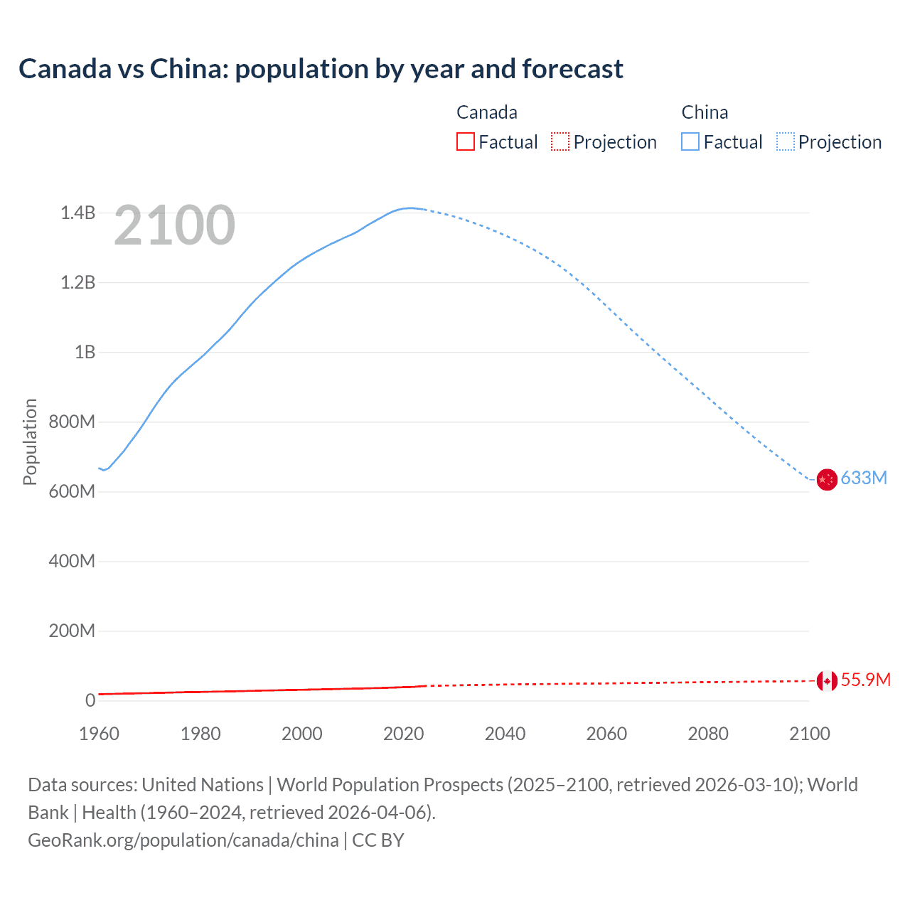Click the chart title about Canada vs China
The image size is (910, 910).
click(x=321, y=69)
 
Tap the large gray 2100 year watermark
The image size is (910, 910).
click(x=174, y=225)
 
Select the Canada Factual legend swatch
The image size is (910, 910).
click(x=465, y=141)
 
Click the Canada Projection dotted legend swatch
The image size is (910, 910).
click(x=560, y=141)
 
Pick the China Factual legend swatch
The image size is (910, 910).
click(x=690, y=141)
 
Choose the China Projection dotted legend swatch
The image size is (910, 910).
click(x=786, y=141)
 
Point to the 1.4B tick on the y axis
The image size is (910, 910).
click(x=77, y=213)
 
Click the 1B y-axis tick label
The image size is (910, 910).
click(x=85, y=352)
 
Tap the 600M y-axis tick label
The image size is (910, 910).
click(x=72, y=491)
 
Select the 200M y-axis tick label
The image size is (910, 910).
click(x=72, y=631)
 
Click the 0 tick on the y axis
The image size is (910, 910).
click(x=90, y=700)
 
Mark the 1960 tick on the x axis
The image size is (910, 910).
click(x=99, y=734)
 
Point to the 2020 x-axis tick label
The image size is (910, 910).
click(x=403, y=734)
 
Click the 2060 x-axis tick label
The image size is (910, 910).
click(x=606, y=734)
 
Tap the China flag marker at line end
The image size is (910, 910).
click(x=826, y=480)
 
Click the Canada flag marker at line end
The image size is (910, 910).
click(x=826, y=681)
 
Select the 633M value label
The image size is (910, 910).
click(x=864, y=478)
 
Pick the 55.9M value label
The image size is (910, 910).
click(x=865, y=680)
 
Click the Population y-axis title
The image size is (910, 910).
click(x=30, y=441)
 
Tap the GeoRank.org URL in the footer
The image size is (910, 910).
click(x=183, y=840)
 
